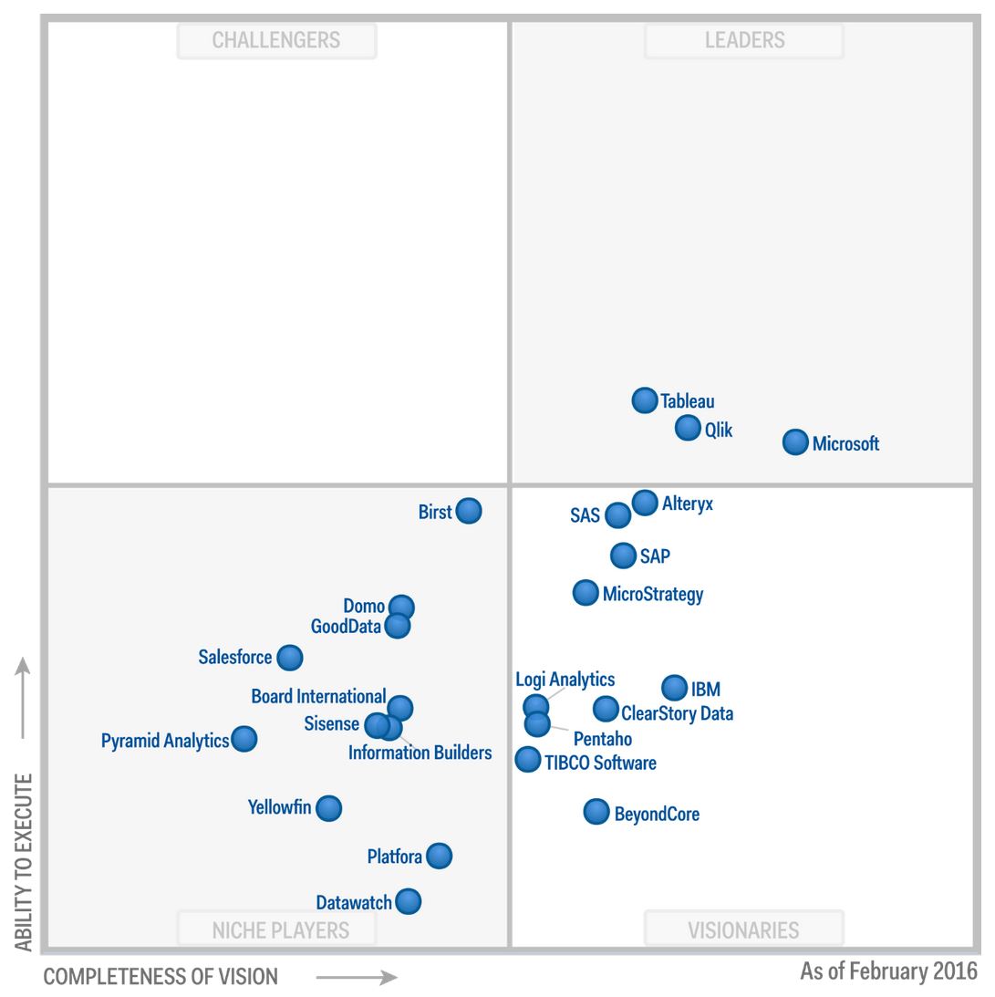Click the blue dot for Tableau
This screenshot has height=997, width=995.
click(x=645, y=400)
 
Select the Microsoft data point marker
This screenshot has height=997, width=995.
click(x=795, y=442)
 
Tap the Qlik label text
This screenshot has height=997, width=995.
click(x=719, y=430)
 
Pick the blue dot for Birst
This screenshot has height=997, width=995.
click(x=468, y=511)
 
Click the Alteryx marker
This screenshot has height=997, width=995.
click(x=645, y=502)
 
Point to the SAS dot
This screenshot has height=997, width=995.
click(x=617, y=514)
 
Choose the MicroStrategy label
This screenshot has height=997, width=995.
click(x=653, y=595)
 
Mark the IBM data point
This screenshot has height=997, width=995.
click(x=674, y=688)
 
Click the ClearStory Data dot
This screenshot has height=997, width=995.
click(x=606, y=708)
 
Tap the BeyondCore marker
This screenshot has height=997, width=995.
click(x=596, y=811)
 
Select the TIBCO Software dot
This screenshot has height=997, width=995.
click(x=527, y=759)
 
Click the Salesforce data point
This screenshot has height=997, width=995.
click(x=289, y=657)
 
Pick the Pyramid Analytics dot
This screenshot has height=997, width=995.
click(x=244, y=739)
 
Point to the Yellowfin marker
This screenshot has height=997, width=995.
click(x=328, y=807)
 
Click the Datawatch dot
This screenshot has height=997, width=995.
click(x=408, y=901)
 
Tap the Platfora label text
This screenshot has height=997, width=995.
click(x=394, y=857)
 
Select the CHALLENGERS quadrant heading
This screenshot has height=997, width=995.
click(x=276, y=40)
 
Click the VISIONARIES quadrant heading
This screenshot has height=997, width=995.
click(x=743, y=929)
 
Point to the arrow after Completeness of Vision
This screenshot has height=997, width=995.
click(x=357, y=977)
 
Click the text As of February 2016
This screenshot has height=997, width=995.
click(x=888, y=971)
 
